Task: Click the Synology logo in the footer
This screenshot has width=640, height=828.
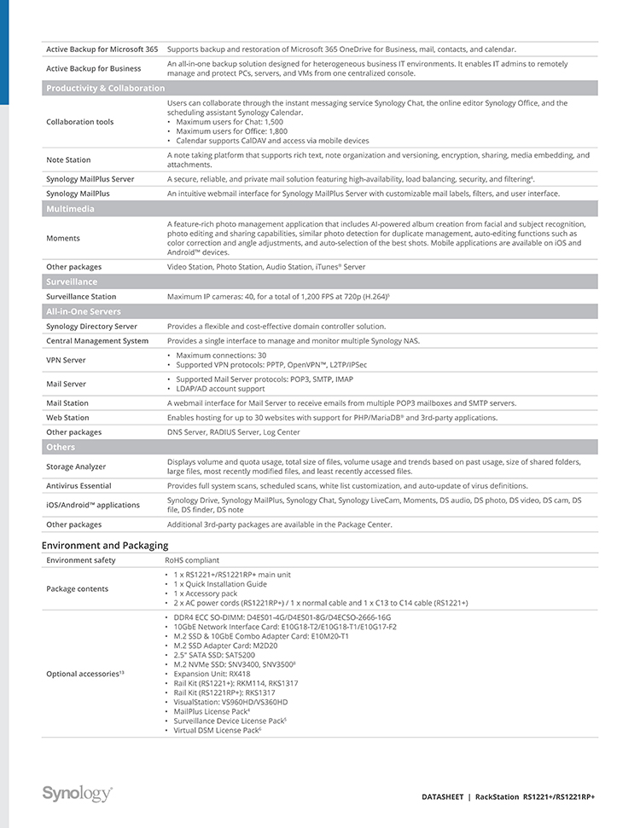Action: click(x=77, y=794)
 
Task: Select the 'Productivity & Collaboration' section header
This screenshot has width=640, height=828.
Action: click(x=105, y=89)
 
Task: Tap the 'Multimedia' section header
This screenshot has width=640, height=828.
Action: click(x=70, y=209)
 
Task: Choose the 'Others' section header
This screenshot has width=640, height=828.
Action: click(x=61, y=447)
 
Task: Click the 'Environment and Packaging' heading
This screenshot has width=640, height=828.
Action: click(x=105, y=545)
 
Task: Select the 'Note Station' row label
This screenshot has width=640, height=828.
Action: click(x=68, y=160)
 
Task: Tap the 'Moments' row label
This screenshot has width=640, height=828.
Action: click(x=63, y=239)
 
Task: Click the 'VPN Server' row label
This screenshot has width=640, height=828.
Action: click(x=66, y=361)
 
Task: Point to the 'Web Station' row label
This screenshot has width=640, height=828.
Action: click(x=67, y=418)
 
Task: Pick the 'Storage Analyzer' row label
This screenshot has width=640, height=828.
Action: click(x=76, y=466)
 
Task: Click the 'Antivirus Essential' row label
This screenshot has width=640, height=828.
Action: click(x=79, y=485)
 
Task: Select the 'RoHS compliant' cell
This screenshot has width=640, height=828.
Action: click(x=191, y=560)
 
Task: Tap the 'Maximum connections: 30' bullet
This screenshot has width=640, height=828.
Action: click(x=221, y=356)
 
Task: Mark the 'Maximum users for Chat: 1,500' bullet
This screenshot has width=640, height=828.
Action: click(x=230, y=122)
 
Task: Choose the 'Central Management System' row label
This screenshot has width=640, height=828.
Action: click(x=97, y=341)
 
